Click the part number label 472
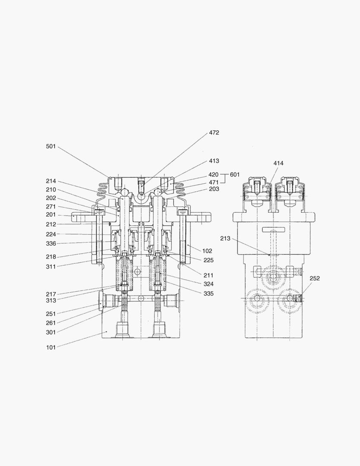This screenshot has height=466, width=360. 214,133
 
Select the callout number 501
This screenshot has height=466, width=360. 51,146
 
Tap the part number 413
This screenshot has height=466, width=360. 214,161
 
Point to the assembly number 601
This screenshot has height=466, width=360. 235,175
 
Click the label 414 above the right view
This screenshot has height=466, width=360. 279,163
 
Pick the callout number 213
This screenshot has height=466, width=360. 225,238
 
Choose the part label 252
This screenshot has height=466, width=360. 315,278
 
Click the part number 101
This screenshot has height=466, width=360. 51,347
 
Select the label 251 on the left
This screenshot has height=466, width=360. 51,314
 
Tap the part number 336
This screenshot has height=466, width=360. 51,243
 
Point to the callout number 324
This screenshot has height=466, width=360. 209,284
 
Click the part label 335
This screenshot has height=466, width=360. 209,293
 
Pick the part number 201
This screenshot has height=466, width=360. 51,215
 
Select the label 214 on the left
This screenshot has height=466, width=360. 51,181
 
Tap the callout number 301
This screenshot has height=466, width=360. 51,332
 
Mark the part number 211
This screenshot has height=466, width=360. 209,275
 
